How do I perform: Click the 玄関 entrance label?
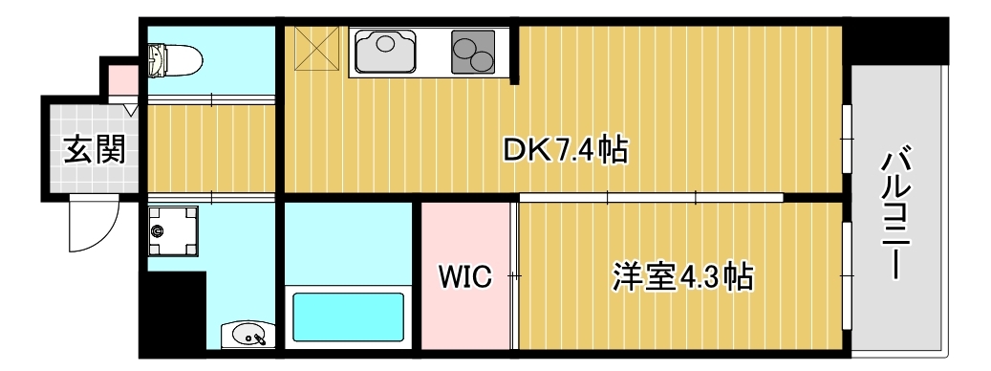coord(94,149)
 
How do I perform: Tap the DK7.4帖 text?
coord(565,150)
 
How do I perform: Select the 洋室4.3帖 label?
coord(682,277)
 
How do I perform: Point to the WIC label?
coord(464,277)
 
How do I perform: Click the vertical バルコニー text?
coord(895,212)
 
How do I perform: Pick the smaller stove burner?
coord(483,62)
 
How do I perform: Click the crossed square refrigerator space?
coord(316,49)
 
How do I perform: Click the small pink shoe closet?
coord(121,78)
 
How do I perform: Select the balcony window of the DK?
coord(846,140)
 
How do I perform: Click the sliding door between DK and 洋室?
coord(650,198)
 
